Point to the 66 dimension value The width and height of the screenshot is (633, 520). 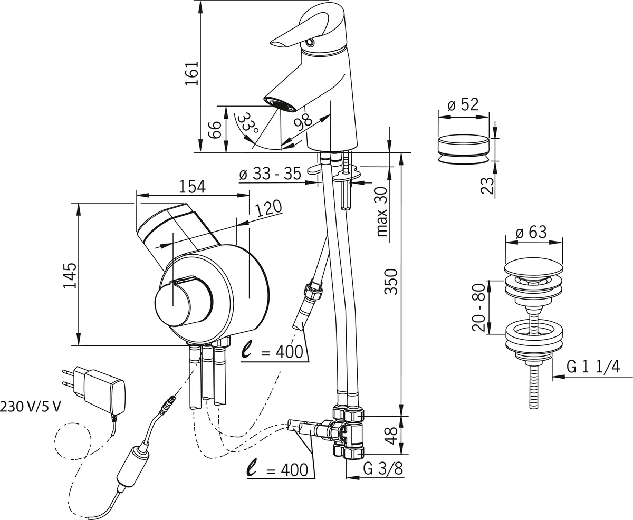(214, 130)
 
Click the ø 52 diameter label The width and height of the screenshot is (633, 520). (463, 104)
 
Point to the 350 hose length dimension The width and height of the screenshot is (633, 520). (391, 282)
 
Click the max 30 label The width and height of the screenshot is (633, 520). (382, 211)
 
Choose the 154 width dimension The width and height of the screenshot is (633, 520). (191, 187)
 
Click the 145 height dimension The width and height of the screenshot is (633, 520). (70, 275)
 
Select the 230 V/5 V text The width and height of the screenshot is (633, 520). (31, 407)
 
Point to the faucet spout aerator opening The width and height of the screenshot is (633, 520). (280, 103)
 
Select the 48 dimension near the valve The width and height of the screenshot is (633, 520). (391, 435)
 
